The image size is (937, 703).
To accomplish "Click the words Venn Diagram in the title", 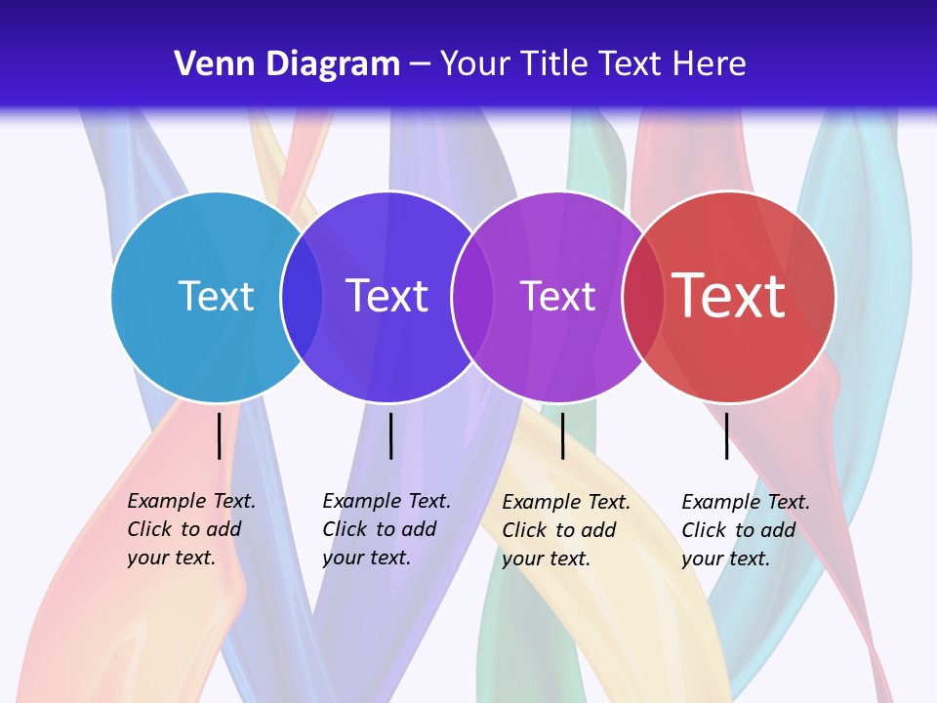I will click(x=287, y=64).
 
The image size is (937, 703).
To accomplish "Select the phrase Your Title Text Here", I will click(x=592, y=64).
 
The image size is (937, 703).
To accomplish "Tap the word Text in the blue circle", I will click(x=216, y=296).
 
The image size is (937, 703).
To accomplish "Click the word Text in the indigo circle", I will click(x=387, y=296).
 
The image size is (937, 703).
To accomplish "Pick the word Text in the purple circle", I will click(x=557, y=296).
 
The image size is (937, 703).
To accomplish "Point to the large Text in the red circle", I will click(x=729, y=296).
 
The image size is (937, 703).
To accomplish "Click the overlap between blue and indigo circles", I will click(x=302, y=297).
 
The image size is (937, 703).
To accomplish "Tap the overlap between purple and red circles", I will click(x=642, y=297).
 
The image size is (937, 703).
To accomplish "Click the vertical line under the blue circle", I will click(x=219, y=435).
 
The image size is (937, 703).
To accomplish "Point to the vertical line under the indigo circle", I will click(x=390, y=435).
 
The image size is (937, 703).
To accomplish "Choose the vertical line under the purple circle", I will click(x=562, y=435).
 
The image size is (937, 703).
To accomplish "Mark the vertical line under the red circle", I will click(x=726, y=435).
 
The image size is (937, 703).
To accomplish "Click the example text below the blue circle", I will click(x=190, y=529).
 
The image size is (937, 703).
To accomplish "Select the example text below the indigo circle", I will click(x=386, y=529).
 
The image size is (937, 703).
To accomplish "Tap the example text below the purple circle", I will click(x=565, y=530).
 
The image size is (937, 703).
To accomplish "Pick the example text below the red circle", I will click(x=745, y=530).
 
